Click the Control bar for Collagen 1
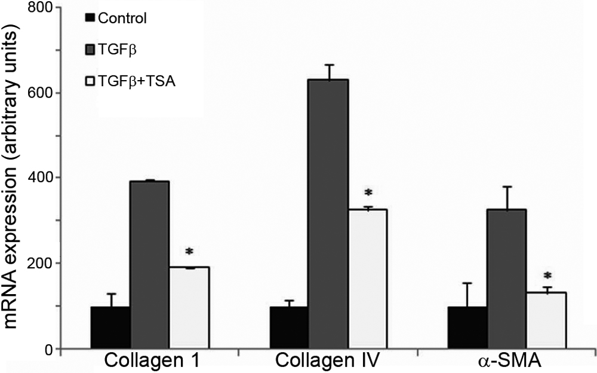coord(110,328)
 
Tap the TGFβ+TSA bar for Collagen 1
coord(189,308)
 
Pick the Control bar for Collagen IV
coord(289,328)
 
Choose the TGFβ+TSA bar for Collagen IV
coord(368,279)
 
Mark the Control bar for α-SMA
coord(467,328)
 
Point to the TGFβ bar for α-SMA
coord(507,279)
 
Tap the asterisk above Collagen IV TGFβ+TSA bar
coord(368,192)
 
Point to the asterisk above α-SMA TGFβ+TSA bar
coord(546,276)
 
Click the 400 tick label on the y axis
coord(42,178)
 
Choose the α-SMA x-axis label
coord(507,362)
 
